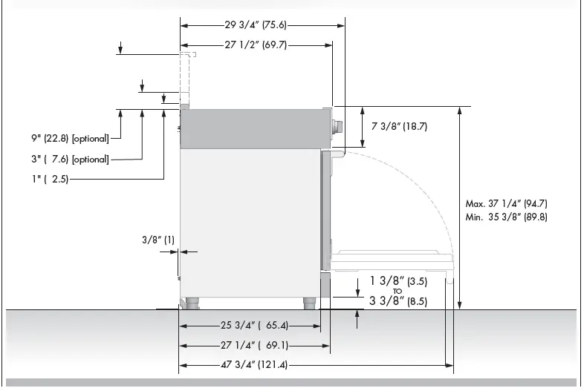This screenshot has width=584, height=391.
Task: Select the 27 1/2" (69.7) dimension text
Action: [x=256, y=45]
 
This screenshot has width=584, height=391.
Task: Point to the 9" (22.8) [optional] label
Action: [x=71, y=138]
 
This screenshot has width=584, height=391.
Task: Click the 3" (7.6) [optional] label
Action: [x=71, y=159]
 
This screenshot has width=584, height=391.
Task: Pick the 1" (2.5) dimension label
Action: [x=50, y=179]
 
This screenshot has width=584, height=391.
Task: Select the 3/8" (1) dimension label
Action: [x=158, y=240]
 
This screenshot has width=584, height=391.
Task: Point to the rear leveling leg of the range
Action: [x=192, y=303]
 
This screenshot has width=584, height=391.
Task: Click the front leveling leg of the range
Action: [x=310, y=303]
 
